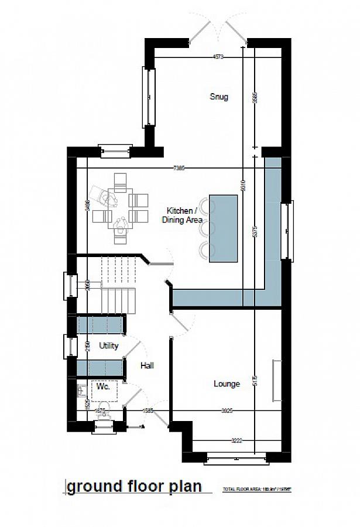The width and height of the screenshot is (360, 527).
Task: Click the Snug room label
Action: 219,97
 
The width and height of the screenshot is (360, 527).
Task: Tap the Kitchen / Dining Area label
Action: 183,214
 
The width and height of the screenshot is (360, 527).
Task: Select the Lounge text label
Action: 227,384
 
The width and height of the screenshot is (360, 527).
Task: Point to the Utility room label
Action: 108,345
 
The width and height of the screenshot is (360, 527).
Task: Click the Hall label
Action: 147,365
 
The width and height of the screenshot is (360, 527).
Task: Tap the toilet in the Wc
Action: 102,410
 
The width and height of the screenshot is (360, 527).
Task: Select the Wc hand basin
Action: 81,389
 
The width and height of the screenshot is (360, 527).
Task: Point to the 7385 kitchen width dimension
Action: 179,169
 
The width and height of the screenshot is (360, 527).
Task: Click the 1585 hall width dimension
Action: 148,410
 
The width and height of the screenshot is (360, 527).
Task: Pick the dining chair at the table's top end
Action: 121,182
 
